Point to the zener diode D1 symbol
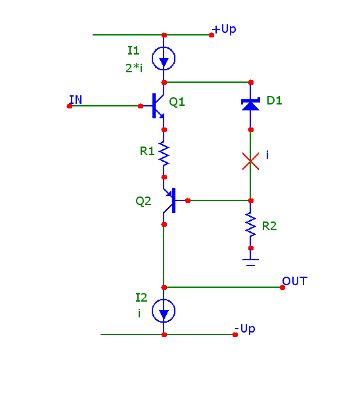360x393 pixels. [250, 104]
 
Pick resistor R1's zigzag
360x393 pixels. [164, 153]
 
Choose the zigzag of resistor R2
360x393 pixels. [250, 224]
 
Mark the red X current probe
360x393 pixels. [250, 161]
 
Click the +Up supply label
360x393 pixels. [224, 30]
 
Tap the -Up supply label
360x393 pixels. [245, 329]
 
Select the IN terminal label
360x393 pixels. [76, 100]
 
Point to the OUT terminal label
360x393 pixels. [294, 281]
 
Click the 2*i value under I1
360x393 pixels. [134, 68]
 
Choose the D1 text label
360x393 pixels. [275, 101]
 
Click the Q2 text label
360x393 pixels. [143, 201]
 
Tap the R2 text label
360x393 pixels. [269, 226]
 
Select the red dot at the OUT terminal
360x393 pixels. [282, 287]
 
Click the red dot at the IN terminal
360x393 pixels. [70, 106]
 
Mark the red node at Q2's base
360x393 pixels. [188, 200]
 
